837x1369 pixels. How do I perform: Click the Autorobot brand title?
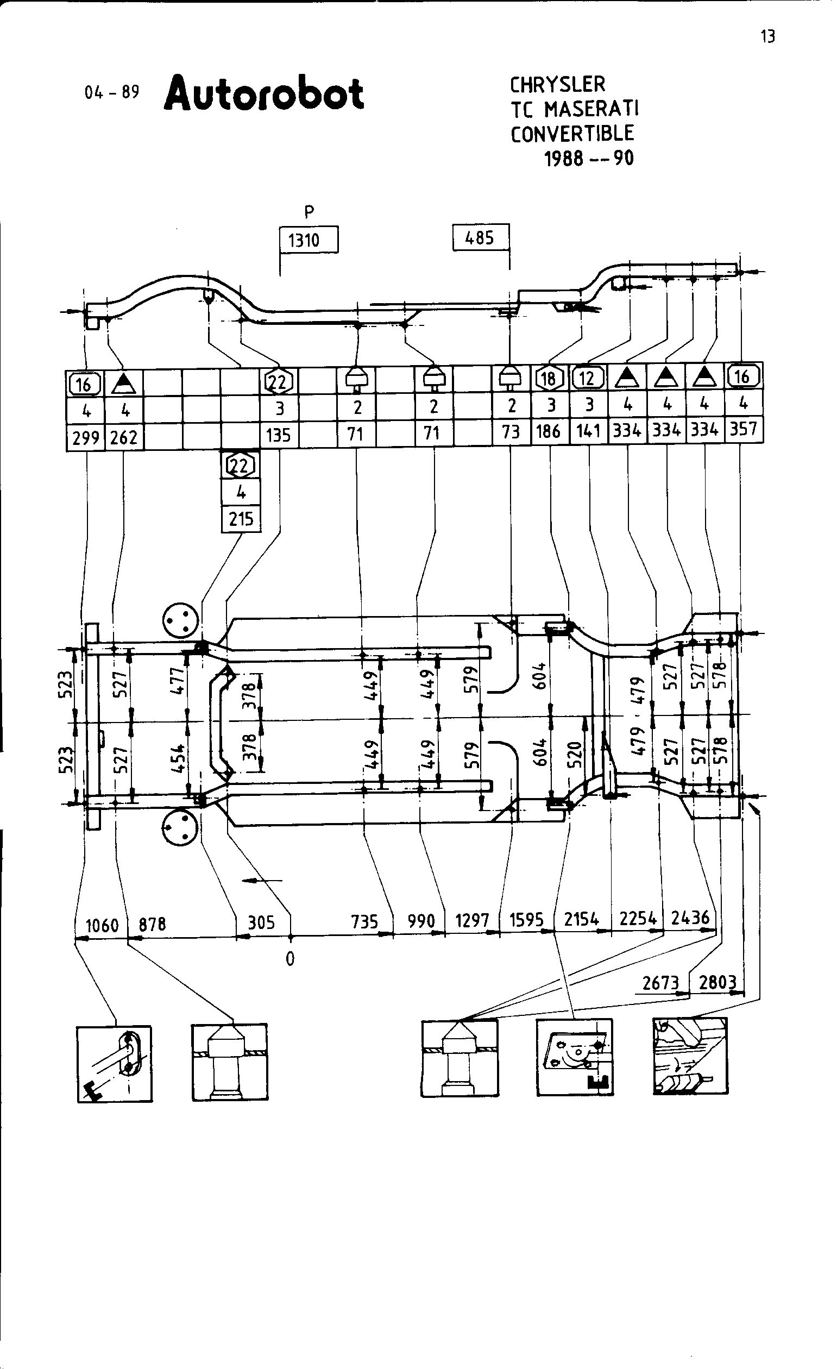(264, 92)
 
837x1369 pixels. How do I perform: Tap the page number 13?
(767, 37)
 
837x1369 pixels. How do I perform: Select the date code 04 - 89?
(112, 92)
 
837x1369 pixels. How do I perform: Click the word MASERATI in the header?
(591, 109)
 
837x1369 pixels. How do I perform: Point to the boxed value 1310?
(304, 241)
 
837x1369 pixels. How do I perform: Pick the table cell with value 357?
(743, 429)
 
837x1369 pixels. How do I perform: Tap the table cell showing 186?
(548, 431)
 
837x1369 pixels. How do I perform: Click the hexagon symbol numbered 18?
(548, 378)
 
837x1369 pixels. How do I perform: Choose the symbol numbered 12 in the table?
(588, 378)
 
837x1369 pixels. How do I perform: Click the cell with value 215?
(241, 519)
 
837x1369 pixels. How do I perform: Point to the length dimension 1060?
(102, 925)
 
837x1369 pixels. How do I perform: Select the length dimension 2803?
(717, 982)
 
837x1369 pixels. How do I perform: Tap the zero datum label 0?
(290, 958)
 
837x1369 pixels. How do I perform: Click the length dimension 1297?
(472, 921)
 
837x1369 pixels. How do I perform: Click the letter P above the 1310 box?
(310, 212)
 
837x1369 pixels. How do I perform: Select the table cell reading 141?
(588, 431)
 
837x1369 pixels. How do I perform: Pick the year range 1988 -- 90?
(589, 159)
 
